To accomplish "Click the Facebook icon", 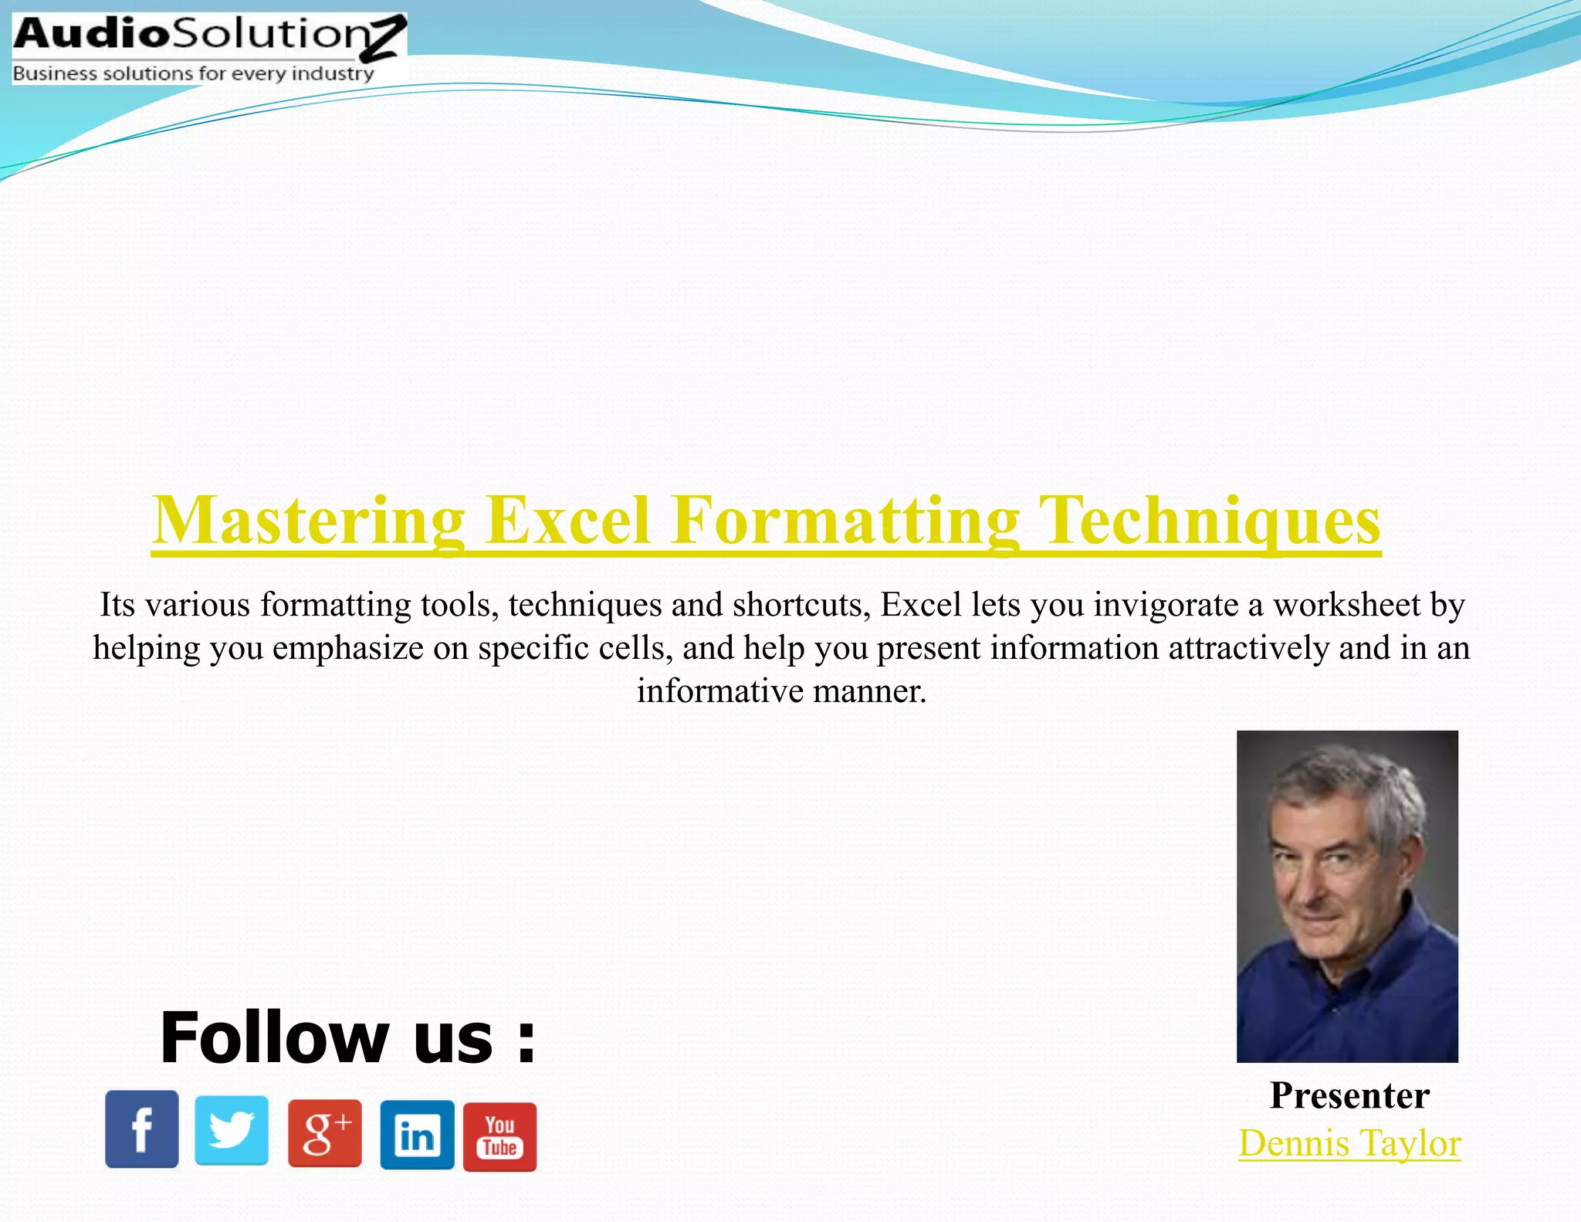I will [x=141, y=1129].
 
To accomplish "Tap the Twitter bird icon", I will [x=232, y=1129].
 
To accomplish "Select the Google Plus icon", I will [x=324, y=1132].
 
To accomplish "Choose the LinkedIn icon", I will [x=417, y=1135].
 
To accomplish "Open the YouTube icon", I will [x=499, y=1136].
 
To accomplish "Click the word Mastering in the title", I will [x=308, y=521].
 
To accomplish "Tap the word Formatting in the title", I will [x=845, y=521].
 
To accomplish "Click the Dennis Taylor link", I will [x=1349, y=1143].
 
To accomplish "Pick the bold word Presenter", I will [x=1349, y=1095].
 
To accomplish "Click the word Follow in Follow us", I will [x=274, y=1037].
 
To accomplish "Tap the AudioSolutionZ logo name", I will [x=208, y=35].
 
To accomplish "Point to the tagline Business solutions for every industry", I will [x=193, y=73].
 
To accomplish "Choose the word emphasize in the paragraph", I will [x=347, y=648].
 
